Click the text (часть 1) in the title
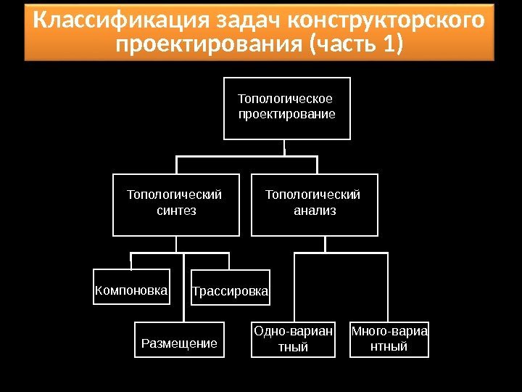pyautogui.click(x=355, y=46)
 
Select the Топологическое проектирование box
pyautogui.click(x=286, y=107)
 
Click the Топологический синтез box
pyautogui.click(x=176, y=205)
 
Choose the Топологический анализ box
pyautogui.click(x=315, y=205)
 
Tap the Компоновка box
pyautogui.click(x=131, y=292)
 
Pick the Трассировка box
pyautogui.click(x=230, y=292)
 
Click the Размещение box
pyautogui.click(x=179, y=343)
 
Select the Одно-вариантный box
pyautogui.click(x=294, y=340)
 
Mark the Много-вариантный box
pyautogui.click(x=389, y=340)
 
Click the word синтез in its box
pyautogui.click(x=176, y=211)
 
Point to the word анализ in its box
pyautogui.click(x=315, y=211)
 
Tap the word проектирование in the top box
pyautogui.click(x=286, y=115)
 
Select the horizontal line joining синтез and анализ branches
pyautogui.click(x=246, y=155)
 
